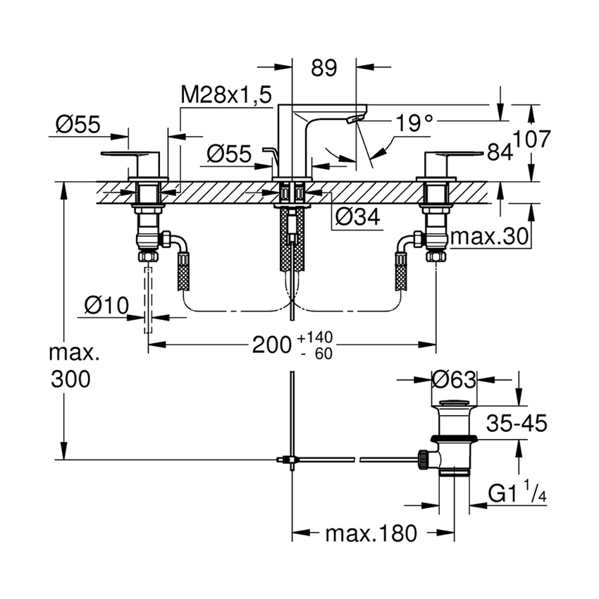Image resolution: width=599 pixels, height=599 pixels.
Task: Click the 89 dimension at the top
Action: point(324,68)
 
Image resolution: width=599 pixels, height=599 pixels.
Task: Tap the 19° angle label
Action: point(414,125)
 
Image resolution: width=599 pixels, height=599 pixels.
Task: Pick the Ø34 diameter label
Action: point(357,218)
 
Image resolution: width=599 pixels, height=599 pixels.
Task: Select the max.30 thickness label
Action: point(489,238)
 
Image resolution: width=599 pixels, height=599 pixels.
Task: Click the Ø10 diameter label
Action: point(106,305)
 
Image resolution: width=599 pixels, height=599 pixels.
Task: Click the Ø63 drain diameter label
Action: point(455,379)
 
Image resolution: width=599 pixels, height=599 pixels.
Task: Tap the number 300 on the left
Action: point(70,379)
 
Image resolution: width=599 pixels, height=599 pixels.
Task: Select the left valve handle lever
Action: point(132,153)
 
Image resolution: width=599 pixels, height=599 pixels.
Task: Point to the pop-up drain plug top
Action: point(455,404)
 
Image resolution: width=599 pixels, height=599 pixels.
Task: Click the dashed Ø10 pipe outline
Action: point(148,299)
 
